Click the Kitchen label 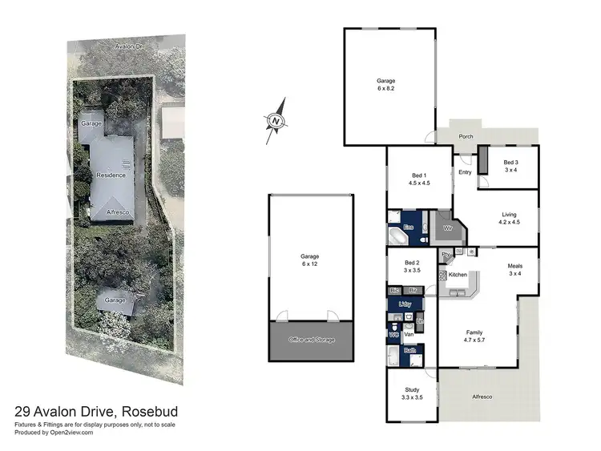point(458,275)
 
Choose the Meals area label point(515,270)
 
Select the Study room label point(411,394)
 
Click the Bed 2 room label point(412,266)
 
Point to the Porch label point(466,136)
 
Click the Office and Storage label point(311,340)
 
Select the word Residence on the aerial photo point(111,175)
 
